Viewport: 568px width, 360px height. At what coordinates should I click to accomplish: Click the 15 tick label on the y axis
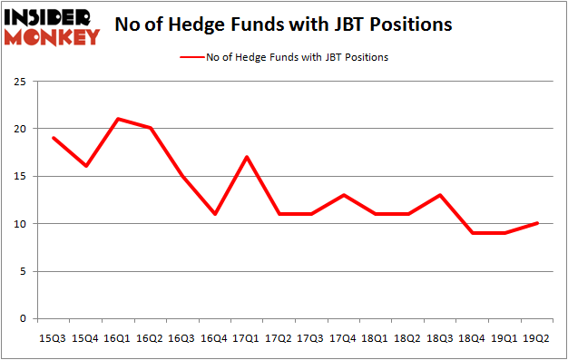click(23, 177)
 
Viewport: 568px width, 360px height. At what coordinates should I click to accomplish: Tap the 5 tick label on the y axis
click(25, 271)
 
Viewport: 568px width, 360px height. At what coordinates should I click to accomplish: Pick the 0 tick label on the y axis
click(25, 318)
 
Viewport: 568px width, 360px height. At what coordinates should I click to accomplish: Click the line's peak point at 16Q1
click(118, 119)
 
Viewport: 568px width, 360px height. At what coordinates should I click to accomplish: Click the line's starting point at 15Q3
click(53, 138)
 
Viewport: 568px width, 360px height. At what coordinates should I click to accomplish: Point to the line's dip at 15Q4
click(85, 166)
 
